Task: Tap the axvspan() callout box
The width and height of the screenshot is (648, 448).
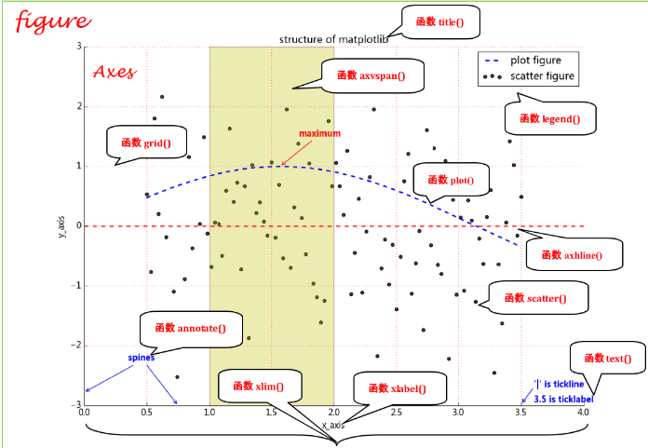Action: [x=371, y=75]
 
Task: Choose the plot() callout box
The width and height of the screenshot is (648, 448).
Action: [x=451, y=180]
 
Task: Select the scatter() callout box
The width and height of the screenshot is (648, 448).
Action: [x=533, y=298]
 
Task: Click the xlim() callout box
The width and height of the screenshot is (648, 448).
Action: [x=258, y=386]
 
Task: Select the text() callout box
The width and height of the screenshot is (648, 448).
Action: [x=606, y=359]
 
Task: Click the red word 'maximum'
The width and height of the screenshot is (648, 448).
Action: [x=319, y=133]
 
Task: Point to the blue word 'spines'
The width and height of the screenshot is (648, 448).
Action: [x=142, y=357]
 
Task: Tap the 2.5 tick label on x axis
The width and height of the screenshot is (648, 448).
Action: [x=397, y=413]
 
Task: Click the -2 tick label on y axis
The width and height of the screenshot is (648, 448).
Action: [x=76, y=345]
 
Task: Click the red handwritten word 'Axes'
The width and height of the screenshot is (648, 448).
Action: [x=115, y=72]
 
